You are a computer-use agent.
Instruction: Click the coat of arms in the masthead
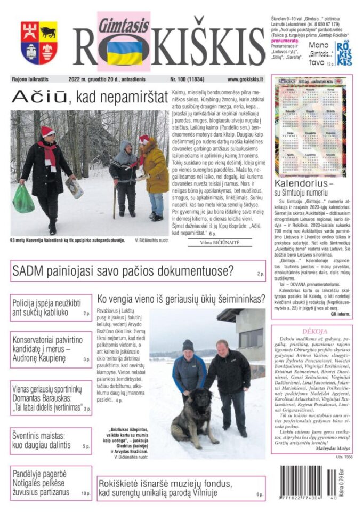coord(39,42)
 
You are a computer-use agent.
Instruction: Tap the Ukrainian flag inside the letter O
coord(125,52)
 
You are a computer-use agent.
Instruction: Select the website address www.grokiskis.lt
coord(245,79)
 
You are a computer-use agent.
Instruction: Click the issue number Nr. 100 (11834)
coord(189,79)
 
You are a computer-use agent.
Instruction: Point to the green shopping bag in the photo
coord(23,199)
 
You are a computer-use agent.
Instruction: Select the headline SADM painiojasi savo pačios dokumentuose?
coord(123,271)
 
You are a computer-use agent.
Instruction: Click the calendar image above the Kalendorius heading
coord(311,125)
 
